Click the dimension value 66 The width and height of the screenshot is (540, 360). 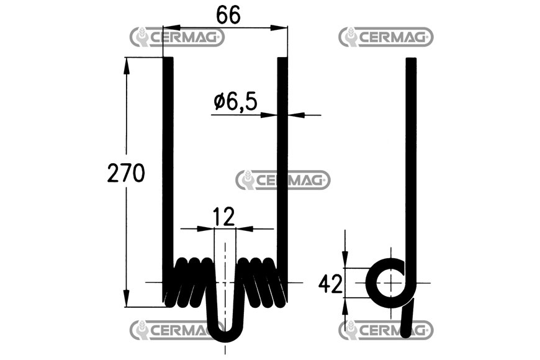[228, 15]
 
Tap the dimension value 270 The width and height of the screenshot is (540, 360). [126, 173]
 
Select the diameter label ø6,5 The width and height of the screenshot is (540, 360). [235, 102]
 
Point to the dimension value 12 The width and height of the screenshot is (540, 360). [223, 217]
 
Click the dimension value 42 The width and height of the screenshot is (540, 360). [330, 284]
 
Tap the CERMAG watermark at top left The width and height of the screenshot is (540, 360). [177, 37]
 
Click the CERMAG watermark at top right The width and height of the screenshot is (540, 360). [386, 37]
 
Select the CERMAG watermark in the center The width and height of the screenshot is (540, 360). [283, 180]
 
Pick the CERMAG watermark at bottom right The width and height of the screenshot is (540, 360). [386, 330]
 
